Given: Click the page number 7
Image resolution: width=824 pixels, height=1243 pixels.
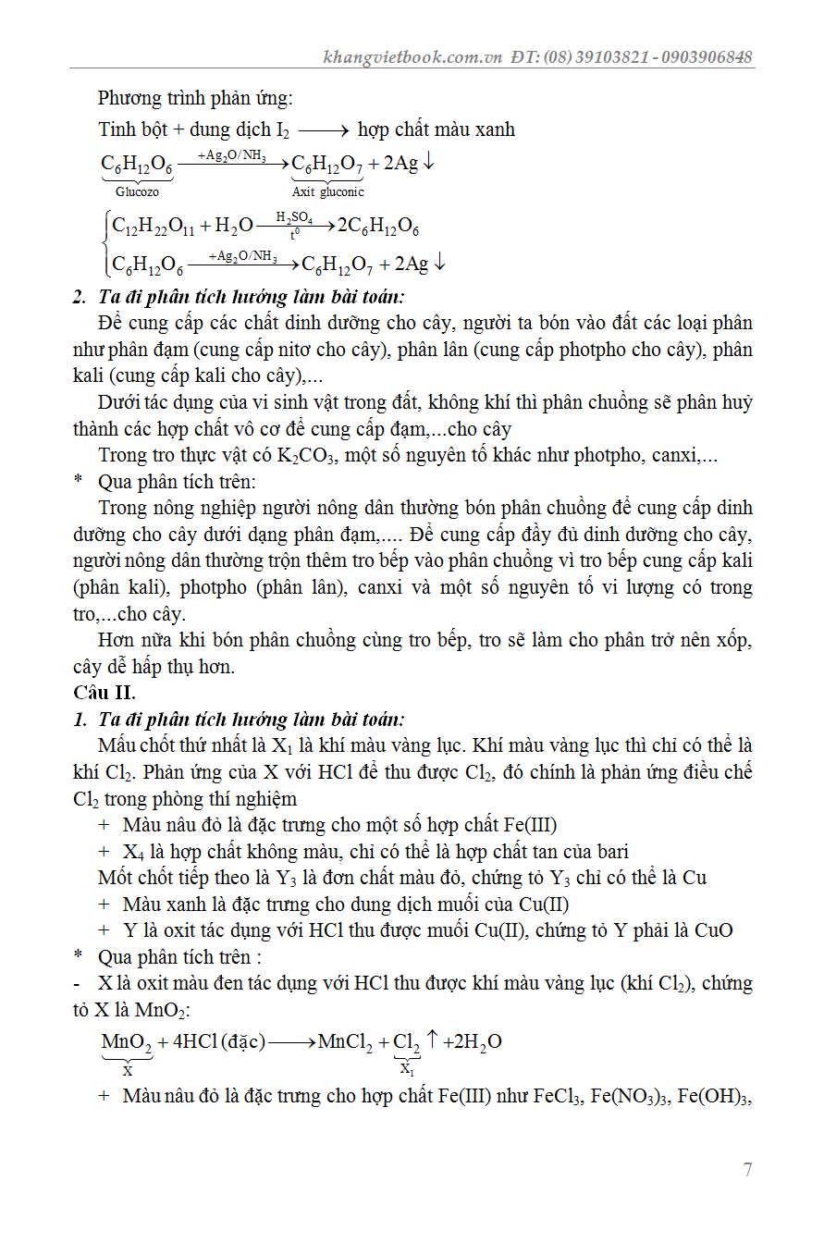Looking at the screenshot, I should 747,1170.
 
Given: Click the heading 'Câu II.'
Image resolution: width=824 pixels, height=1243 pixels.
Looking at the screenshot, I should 104,692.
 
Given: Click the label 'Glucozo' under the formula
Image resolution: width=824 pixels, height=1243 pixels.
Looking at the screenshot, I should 137,192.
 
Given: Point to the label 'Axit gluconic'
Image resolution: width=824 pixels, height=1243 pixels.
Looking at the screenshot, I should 328,192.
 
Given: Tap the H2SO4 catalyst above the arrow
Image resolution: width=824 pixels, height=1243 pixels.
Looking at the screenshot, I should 295,216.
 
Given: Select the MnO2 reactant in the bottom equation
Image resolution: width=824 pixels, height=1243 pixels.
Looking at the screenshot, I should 126,1042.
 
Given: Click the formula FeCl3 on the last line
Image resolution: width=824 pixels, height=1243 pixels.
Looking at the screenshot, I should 555,1097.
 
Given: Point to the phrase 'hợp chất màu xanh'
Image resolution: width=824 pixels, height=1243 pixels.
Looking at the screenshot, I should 437,129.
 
